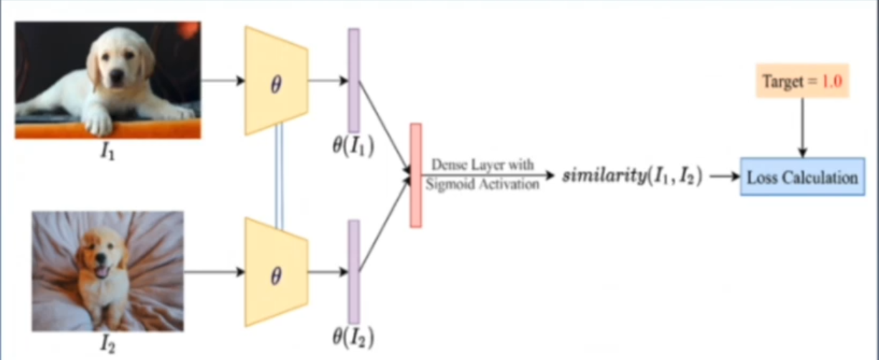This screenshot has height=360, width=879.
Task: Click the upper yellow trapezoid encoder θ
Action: click(x=276, y=81)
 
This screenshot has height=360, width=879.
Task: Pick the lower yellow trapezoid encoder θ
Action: click(x=276, y=273)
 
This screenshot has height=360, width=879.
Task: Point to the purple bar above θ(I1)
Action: click(x=353, y=80)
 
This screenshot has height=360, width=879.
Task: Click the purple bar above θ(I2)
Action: click(x=353, y=272)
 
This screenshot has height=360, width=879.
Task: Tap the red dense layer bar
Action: click(x=415, y=176)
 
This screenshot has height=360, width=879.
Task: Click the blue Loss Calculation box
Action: click(x=802, y=177)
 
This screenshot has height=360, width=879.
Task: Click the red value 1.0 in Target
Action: click(x=831, y=83)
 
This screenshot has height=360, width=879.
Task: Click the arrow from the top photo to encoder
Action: click(x=222, y=80)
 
